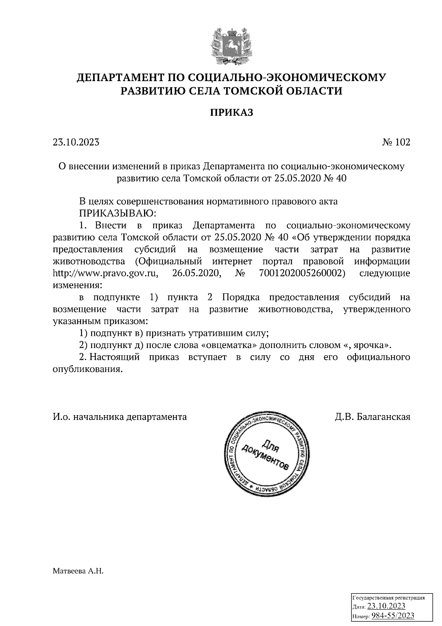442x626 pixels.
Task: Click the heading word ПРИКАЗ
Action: click(232, 112)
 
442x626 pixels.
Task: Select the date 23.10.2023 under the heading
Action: click(76, 142)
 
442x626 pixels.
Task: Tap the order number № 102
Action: click(396, 142)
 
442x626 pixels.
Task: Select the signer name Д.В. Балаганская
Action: click(372, 417)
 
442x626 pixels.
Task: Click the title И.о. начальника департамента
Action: click(120, 417)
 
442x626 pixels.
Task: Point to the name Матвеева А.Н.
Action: click(78, 572)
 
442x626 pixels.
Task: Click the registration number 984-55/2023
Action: click(393, 616)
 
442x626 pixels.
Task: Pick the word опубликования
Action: click(87, 369)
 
